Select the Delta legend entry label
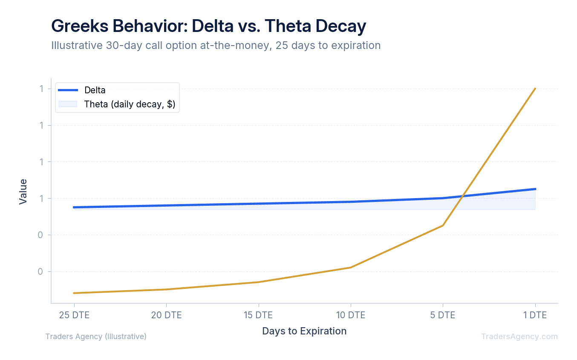point(95,90)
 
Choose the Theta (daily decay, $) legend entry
point(130,104)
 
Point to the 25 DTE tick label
point(74,315)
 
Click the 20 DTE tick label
point(166,315)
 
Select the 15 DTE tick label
point(258,315)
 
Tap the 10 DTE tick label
point(351,315)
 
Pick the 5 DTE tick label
point(443,315)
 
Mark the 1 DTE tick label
point(535,315)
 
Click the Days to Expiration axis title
point(304,331)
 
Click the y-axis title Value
point(23,191)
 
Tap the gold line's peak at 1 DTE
point(535,88)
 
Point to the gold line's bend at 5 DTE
point(443,225)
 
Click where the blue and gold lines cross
point(462,196)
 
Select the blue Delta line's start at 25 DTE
point(74,207)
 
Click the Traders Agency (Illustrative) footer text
point(96,337)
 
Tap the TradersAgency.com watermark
point(519,337)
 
